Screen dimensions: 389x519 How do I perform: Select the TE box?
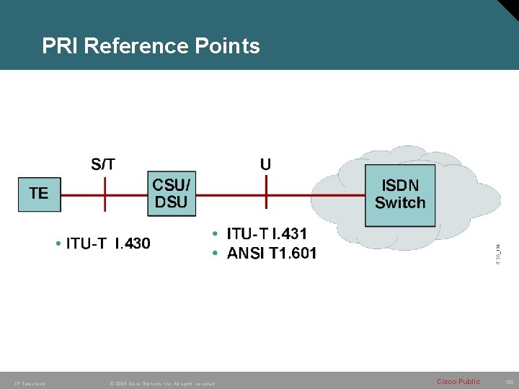pos(39,193)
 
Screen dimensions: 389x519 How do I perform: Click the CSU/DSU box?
pos(172,193)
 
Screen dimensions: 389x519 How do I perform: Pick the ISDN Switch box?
pos(400,194)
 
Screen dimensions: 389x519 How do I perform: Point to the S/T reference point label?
pos(103,164)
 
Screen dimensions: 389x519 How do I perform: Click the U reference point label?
pos(265,164)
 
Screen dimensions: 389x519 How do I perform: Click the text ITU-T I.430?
pos(108,243)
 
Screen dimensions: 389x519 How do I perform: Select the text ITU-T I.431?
pos(267,233)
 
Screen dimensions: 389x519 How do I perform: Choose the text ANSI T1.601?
pos(271,253)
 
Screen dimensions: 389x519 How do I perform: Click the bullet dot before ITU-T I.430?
pos(57,243)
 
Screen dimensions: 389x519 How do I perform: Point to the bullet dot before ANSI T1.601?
pos(216,253)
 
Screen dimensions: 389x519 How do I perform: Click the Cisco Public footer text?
pos(458,382)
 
